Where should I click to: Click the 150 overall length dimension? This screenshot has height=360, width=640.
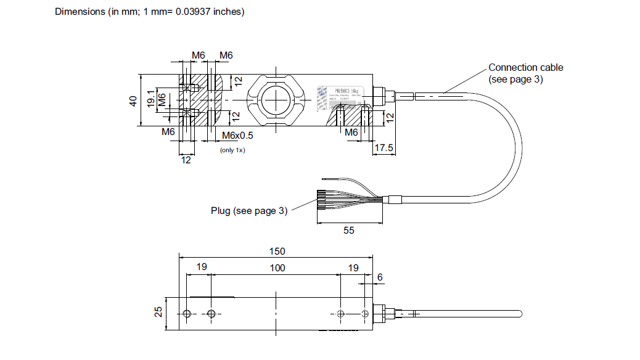coord(277,251)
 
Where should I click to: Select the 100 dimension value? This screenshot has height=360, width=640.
coord(277,268)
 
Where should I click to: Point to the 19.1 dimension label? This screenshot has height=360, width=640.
coord(150,100)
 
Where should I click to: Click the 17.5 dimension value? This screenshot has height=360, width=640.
coord(384,149)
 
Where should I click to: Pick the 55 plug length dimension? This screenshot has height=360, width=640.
coord(349,230)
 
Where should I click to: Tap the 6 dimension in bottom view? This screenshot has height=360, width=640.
coord(380,277)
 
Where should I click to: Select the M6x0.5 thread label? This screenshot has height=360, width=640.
coord(237,136)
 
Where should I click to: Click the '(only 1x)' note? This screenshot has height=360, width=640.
coord(232,150)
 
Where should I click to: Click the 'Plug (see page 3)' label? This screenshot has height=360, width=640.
coord(249,211)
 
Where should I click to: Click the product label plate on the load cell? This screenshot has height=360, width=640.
coord(338,99)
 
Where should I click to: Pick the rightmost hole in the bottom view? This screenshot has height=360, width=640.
coord(366,314)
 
